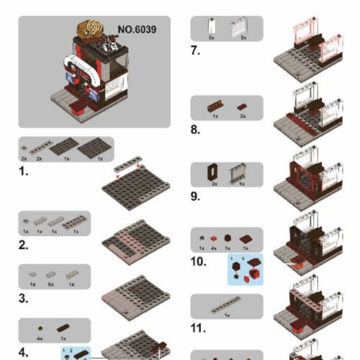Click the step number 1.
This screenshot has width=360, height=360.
tap(23, 172)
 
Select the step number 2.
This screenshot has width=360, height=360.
tap(24, 245)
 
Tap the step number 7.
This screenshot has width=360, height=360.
tap(195, 51)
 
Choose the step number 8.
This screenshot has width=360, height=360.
tap(195, 130)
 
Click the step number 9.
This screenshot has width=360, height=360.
tap(195, 196)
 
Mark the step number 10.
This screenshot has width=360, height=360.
tap(199, 262)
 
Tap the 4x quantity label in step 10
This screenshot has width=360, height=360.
tap(214, 247)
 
